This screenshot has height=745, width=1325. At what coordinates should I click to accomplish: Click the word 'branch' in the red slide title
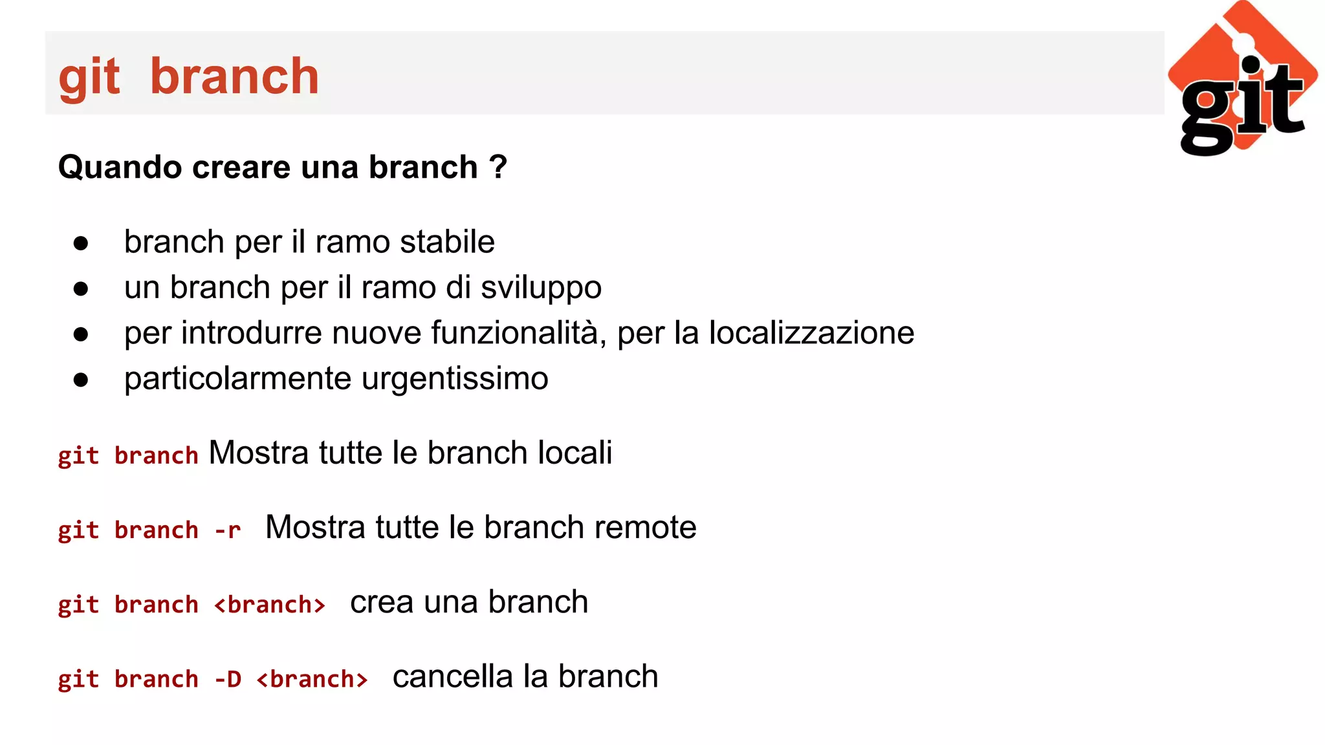pos(234,76)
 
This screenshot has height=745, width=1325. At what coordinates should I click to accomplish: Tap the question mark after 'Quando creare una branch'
pos(498,167)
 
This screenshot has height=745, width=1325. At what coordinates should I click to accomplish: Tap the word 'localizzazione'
pos(811,333)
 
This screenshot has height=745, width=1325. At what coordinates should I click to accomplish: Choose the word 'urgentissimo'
pos(455,379)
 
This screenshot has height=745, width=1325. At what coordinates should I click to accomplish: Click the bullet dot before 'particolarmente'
pos(81,380)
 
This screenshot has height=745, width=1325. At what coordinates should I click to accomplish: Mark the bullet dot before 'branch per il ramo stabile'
pos(81,244)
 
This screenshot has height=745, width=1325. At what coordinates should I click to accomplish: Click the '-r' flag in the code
pos(228,530)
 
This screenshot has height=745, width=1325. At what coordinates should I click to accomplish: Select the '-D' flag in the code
pos(228,679)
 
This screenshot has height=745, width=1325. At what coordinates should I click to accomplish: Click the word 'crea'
pos(382,602)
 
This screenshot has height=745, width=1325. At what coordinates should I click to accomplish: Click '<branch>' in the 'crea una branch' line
pos(270,605)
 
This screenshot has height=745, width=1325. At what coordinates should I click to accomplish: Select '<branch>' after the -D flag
pos(312,679)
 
